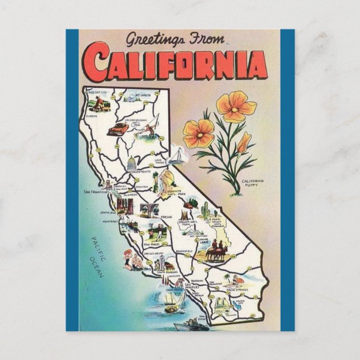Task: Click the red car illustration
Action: [118, 130]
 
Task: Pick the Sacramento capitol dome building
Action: [132, 163]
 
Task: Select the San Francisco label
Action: [95, 191]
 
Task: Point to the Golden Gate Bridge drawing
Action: [106, 184]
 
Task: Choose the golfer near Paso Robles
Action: [158, 231]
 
